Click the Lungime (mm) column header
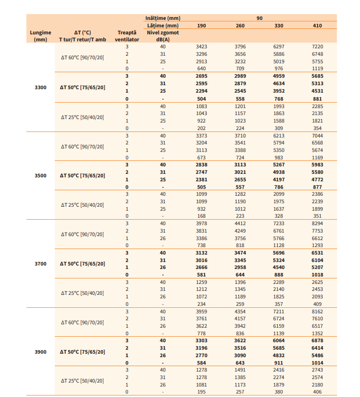[x=40, y=36]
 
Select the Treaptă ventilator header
[x=126, y=36]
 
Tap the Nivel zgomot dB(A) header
[x=163, y=36]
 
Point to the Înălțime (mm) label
[x=163, y=18]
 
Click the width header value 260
[x=240, y=25]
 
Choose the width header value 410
[x=317, y=25]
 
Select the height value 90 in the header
[x=259, y=18]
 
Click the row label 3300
[x=40, y=87]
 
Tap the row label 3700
[x=40, y=264]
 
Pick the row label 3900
[x=40, y=352]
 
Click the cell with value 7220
[x=317, y=46]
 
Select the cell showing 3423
[x=202, y=46]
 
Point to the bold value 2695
[x=202, y=76]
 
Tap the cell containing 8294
[x=317, y=223]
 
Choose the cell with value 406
[x=317, y=392]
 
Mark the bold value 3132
[x=202, y=253]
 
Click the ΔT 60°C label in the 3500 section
[x=82, y=146]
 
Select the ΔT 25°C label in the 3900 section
[x=82, y=381]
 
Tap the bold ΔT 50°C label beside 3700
[x=82, y=264]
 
